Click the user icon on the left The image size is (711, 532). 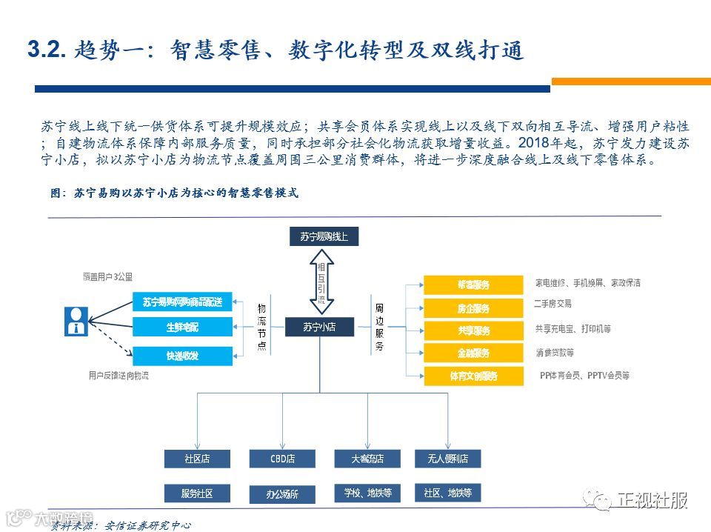point(76,319)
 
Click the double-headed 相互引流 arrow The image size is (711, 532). point(321,281)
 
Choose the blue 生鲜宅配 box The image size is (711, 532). point(182,327)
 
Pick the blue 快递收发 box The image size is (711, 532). point(182,356)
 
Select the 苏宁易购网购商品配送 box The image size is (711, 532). point(182,301)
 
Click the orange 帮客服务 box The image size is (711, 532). point(473,285)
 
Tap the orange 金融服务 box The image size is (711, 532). point(473,353)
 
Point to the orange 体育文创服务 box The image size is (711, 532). point(473,376)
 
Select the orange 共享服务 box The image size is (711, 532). point(473,330)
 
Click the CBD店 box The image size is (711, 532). point(282,459)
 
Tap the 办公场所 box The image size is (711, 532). point(282,493)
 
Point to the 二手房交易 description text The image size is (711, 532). point(553,304)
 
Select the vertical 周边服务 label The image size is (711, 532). point(379,326)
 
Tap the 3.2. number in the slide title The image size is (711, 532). point(47,50)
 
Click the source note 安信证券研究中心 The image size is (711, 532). point(148,525)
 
